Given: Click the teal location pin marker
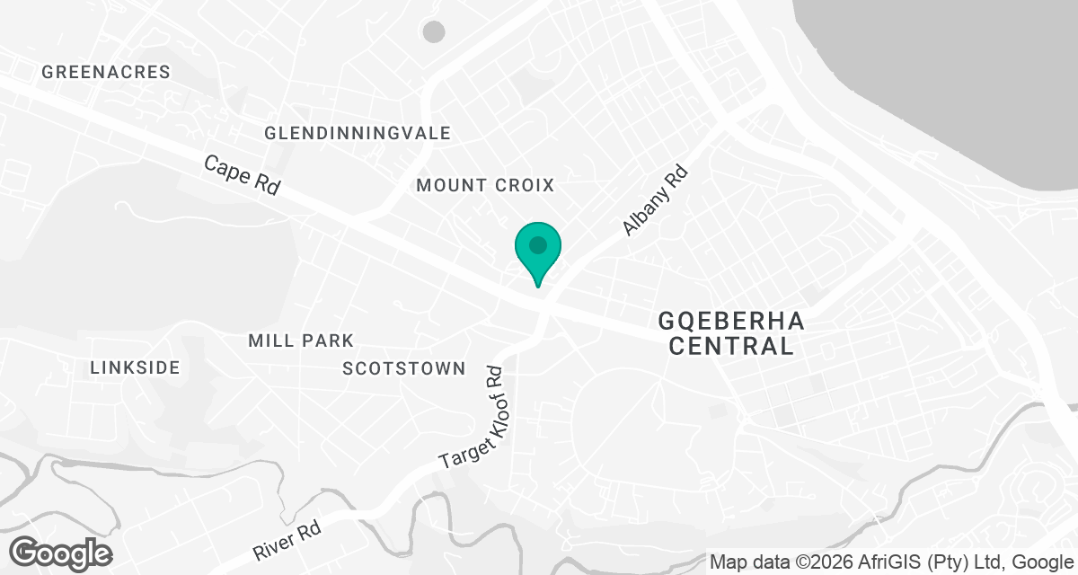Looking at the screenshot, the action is [537, 252].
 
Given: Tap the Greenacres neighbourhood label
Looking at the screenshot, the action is [106, 72].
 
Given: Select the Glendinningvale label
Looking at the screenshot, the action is [358, 133].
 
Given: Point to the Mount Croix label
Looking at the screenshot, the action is [485, 185].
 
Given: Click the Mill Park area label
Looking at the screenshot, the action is [301, 341].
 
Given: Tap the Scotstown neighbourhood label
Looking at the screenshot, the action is [404, 368].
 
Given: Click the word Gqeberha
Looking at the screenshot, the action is [732, 321].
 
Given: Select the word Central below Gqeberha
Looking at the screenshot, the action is [732, 347].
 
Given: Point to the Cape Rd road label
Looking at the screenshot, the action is [242, 175].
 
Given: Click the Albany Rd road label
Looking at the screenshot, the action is [655, 200].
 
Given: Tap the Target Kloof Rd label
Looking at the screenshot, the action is [475, 417].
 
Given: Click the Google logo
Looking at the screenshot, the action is [61, 553].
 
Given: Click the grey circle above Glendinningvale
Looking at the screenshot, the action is [434, 32].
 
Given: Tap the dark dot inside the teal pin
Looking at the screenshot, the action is [537, 244].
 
